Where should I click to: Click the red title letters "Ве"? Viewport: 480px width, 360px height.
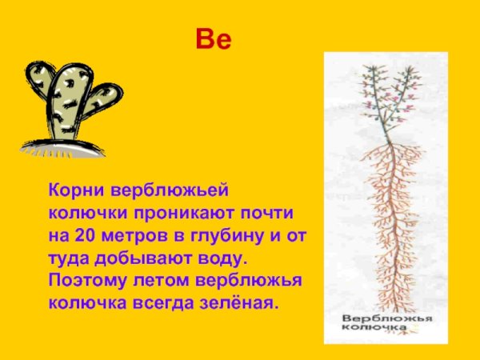(x=213, y=39)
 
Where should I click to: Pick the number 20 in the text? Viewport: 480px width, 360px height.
(x=84, y=237)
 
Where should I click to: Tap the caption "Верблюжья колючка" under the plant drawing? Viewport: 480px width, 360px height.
(x=383, y=323)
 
